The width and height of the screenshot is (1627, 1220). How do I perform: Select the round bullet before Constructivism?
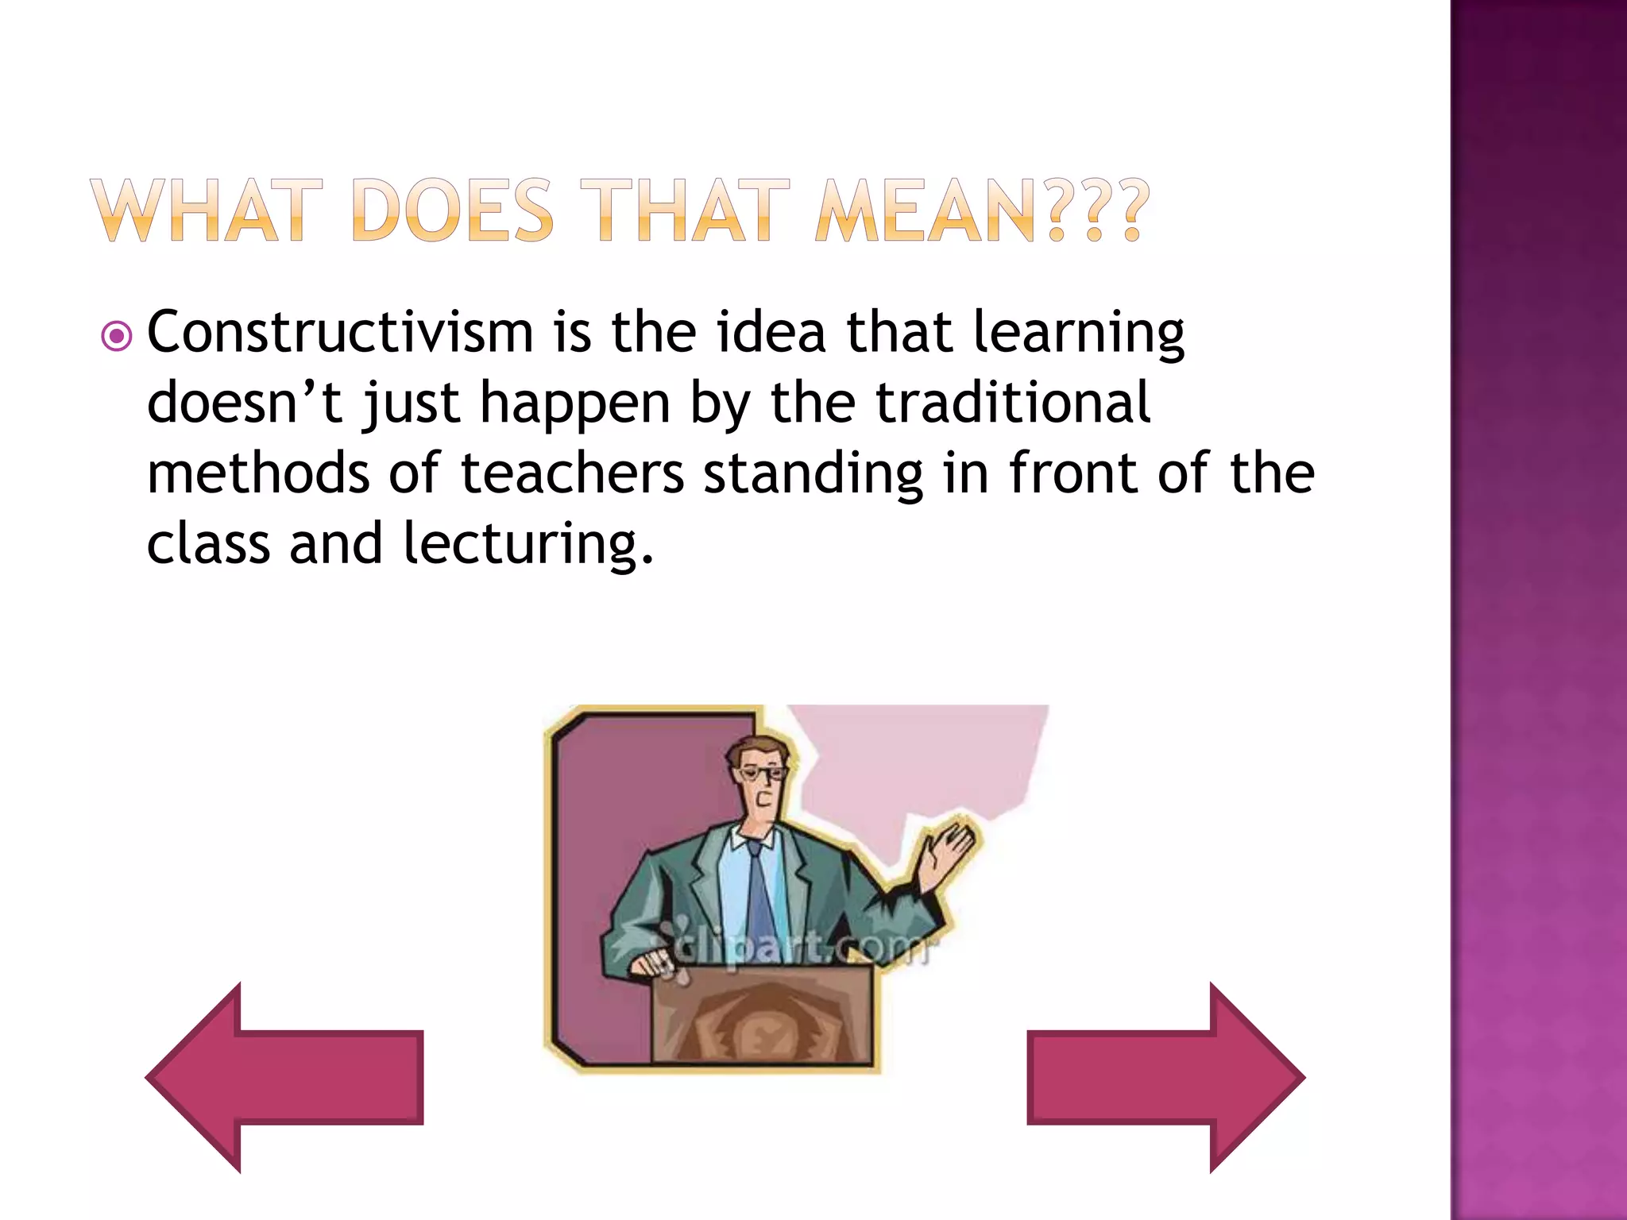[x=117, y=337]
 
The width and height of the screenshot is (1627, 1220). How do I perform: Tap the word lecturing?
[x=528, y=545]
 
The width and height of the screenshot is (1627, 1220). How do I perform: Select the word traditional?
[x=1013, y=402]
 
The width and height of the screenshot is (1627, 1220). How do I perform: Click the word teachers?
[x=572, y=473]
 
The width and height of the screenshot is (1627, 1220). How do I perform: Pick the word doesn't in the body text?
[x=245, y=402]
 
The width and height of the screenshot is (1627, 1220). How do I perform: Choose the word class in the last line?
[x=209, y=545]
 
